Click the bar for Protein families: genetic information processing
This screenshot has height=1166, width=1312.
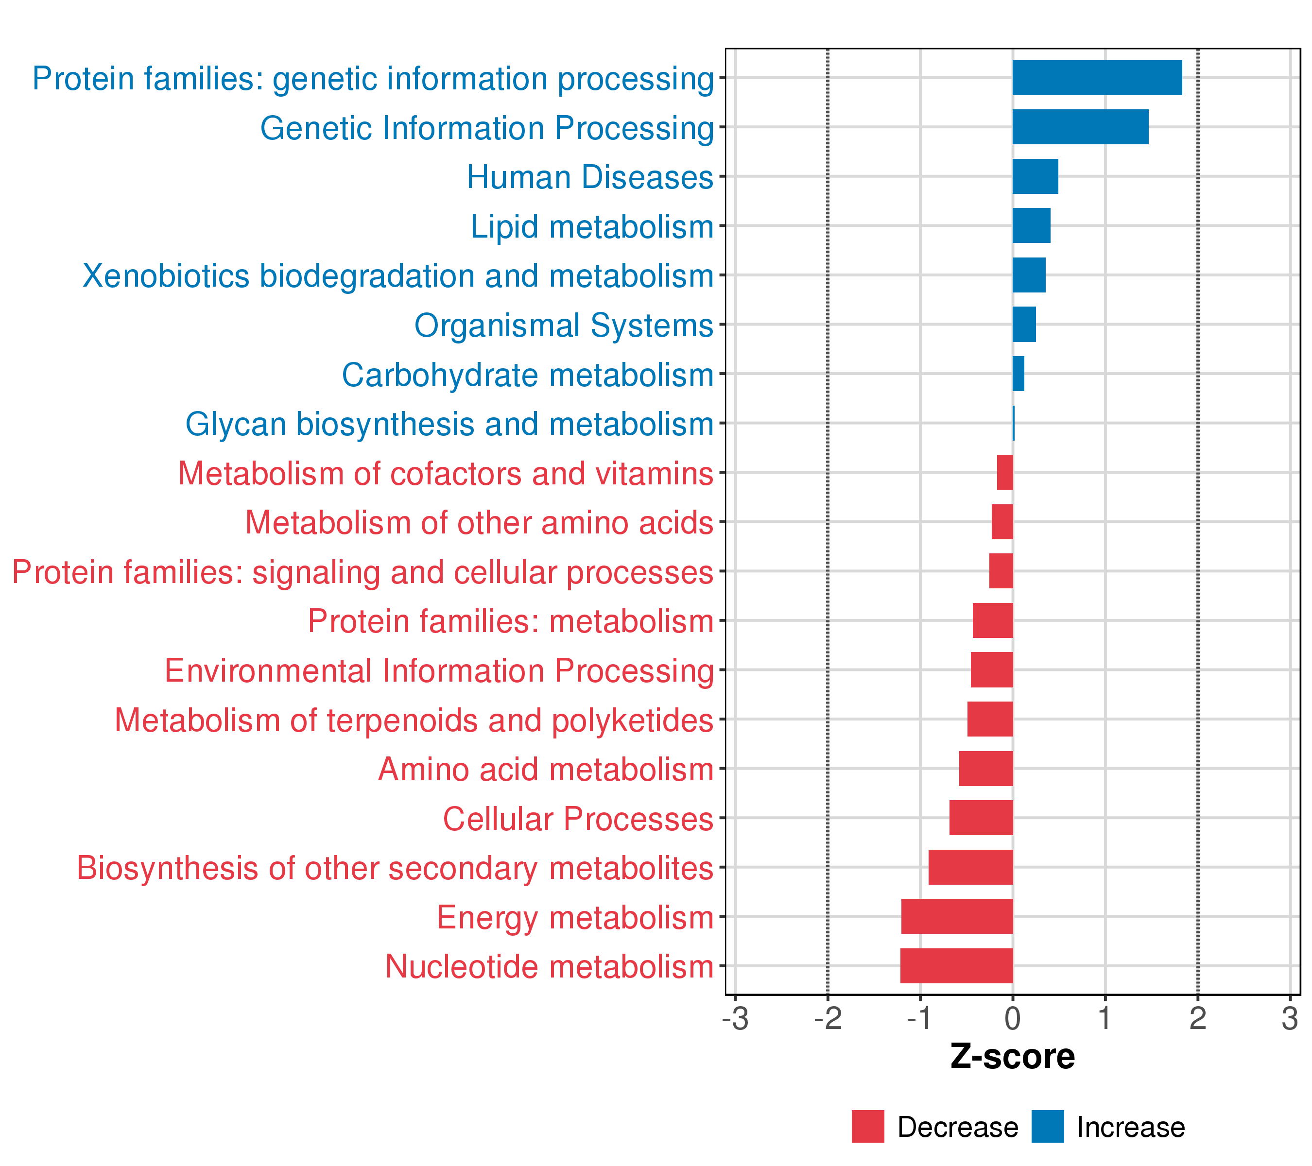[x=1096, y=78]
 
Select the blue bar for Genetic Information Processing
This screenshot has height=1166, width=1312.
[x=1080, y=127]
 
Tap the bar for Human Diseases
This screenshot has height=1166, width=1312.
[x=1035, y=176]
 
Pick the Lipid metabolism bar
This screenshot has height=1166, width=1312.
[x=1031, y=226]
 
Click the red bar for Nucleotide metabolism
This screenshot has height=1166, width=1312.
[x=956, y=966]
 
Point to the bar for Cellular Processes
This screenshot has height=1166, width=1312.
[x=981, y=818]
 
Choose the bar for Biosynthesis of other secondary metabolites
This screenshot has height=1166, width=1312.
[x=970, y=867]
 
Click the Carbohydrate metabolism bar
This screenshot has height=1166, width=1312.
[x=1018, y=374]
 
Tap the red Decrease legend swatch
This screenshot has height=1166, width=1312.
[x=868, y=1127]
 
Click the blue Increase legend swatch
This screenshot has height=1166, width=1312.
[x=1048, y=1127]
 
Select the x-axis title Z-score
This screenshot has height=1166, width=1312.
[x=1012, y=1057]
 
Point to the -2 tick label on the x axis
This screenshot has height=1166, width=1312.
[x=828, y=1019]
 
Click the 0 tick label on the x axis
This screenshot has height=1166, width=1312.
[x=1012, y=1019]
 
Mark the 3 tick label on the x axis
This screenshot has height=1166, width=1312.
[x=1290, y=1019]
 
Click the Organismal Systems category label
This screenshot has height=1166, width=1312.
[x=564, y=326]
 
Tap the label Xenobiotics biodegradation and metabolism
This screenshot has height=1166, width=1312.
[x=398, y=276]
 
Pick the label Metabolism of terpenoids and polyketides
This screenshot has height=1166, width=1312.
[x=414, y=720]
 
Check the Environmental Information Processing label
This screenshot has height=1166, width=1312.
[x=439, y=670]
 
